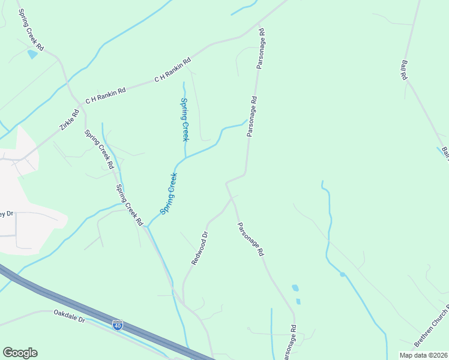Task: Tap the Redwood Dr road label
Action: pyautogui.click(x=200, y=248)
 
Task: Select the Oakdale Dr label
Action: pyautogui.click(x=70, y=316)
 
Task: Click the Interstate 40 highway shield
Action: pyautogui.click(x=118, y=325)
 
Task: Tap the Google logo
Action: pyautogui.click(x=20, y=353)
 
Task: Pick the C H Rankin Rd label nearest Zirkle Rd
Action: pyautogui.click(x=106, y=95)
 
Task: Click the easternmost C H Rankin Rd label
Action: pyautogui.click(x=172, y=70)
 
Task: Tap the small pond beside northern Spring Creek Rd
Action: pyautogui.click(x=32, y=55)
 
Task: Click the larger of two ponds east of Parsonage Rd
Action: pyautogui.click(x=295, y=288)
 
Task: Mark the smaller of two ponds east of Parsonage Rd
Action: pyautogui.click(x=298, y=301)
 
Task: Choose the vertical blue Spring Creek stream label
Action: pyautogui.click(x=185, y=119)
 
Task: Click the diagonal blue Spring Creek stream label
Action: pyautogui.click(x=169, y=194)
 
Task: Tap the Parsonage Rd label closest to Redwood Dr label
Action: pyautogui.click(x=250, y=239)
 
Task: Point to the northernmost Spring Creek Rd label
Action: pyautogui.click(x=31, y=29)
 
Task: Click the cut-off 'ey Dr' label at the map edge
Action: pyautogui.click(x=7, y=214)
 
